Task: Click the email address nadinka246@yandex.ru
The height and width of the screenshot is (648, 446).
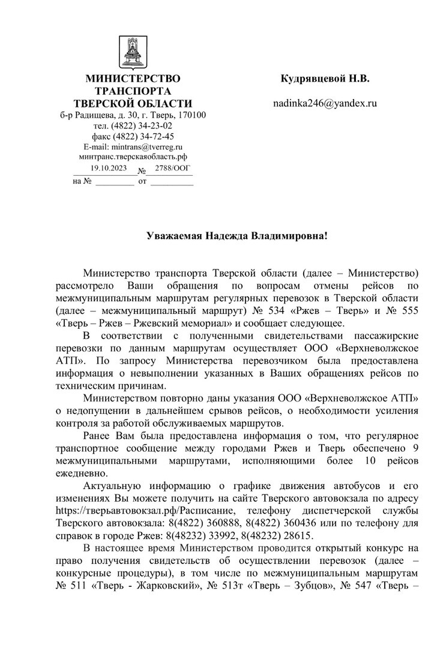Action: [325, 103]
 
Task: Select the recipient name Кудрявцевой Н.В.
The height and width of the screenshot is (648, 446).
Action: [325, 79]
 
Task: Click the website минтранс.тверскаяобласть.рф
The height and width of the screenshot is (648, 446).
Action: [133, 156]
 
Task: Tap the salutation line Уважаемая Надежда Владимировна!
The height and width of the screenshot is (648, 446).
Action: [238, 236]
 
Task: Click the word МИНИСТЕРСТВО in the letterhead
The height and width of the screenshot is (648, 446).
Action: [133, 79]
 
